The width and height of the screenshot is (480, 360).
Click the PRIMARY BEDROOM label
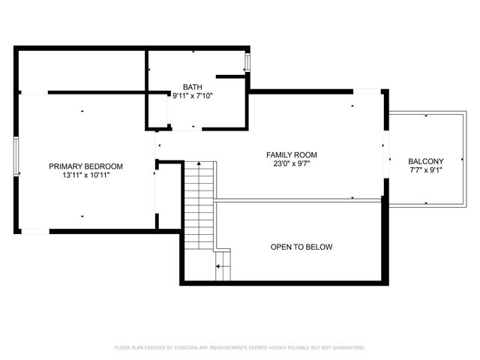coord(85,166)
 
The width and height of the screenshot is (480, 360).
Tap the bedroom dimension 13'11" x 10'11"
coord(85,175)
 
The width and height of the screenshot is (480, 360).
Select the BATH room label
coord(192,86)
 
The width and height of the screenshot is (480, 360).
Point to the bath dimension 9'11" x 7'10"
coord(192,95)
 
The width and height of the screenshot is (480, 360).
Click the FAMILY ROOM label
coord(288,154)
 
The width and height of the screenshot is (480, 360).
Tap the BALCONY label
coord(425,161)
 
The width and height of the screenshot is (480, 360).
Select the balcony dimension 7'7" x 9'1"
coord(425,170)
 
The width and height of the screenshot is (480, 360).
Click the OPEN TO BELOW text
coord(301,247)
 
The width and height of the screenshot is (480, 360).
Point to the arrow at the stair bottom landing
coord(221,266)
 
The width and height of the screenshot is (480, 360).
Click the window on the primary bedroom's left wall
coord(16,156)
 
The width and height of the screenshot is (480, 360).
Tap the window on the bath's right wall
coord(247,64)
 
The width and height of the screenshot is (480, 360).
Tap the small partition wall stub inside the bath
coord(231,76)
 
